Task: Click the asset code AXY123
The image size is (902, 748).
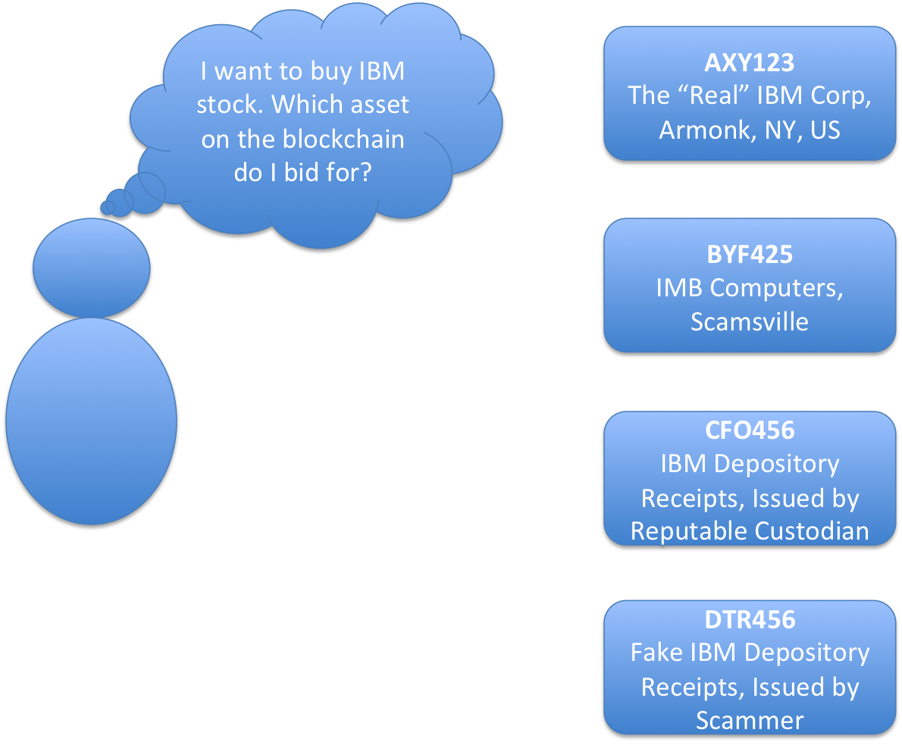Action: [749, 62]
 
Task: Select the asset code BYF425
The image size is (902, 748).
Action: [749, 255]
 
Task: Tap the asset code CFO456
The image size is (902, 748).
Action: [749, 430]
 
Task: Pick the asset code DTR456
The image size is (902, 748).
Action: [749, 620]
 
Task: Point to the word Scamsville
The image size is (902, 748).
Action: [749, 321]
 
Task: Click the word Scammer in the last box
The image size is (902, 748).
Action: [749, 720]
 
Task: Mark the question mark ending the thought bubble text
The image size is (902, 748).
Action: [365, 174]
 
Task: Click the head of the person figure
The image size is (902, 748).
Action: [92, 268]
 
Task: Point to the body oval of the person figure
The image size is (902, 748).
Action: [92, 421]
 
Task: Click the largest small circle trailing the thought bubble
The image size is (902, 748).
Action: [144, 192]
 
